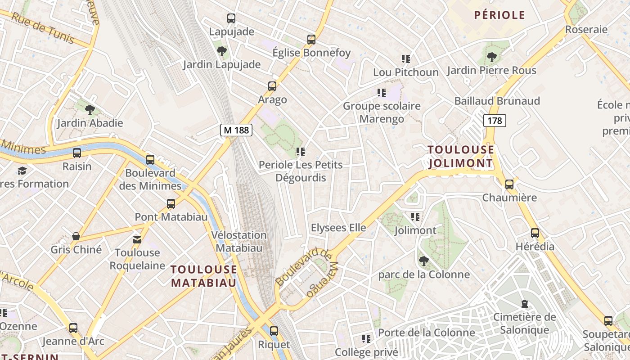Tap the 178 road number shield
[494, 121]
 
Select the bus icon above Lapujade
[231, 18]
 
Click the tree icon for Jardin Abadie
[90, 109]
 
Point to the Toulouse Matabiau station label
[204, 276]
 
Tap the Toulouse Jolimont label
[460, 156]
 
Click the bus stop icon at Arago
[272, 86]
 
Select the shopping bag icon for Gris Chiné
[76, 236]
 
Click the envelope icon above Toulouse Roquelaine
[137, 239]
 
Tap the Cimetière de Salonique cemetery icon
[524, 304]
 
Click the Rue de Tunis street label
[43, 28]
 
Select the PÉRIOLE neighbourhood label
[499, 15]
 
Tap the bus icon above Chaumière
[509, 184]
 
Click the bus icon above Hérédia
[535, 233]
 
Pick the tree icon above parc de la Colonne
[423, 261]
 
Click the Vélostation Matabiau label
[239, 241]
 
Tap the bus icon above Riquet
[274, 331]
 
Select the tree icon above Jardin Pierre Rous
[492, 57]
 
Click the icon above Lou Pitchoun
[406, 59]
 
